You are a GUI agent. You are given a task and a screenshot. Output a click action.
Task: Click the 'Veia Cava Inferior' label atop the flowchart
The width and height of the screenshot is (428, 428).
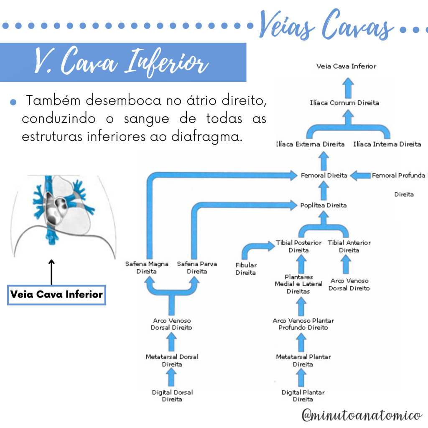click(x=346, y=66)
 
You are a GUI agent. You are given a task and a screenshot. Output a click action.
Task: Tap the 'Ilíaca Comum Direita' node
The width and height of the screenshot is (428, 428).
click(x=345, y=102)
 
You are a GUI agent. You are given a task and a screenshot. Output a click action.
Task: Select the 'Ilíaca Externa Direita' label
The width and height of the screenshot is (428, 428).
click(x=310, y=144)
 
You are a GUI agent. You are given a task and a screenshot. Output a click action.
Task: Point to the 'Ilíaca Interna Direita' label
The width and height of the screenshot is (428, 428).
click(x=387, y=144)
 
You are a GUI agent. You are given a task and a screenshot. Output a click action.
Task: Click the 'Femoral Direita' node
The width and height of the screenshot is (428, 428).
click(x=324, y=176)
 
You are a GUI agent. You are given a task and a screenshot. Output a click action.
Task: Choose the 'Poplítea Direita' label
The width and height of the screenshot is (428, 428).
click(x=324, y=205)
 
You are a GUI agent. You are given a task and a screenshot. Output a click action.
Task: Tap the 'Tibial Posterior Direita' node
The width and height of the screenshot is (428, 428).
click(x=298, y=246)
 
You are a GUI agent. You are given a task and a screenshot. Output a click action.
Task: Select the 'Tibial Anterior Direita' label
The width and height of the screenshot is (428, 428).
click(x=349, y=246)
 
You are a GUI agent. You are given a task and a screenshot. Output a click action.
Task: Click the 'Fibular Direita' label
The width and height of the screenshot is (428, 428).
click(x=246, y=269)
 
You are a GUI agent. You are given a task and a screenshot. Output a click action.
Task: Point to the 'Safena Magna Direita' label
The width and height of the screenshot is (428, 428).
click(x=147, y=267)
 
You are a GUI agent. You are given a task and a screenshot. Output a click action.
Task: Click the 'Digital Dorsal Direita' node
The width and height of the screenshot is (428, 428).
click(x=172, y=396)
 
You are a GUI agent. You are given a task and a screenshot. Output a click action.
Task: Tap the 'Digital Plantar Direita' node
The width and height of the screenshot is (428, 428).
click(x=303, y=396)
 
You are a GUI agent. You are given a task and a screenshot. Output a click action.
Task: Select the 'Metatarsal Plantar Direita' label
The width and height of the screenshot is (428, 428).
click(x=303, y=360)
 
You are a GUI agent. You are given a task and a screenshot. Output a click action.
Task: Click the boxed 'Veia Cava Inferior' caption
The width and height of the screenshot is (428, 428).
click(x=56, y=294)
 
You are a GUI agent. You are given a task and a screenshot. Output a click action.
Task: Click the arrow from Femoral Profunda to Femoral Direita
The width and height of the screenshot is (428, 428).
click(x=360, y=176)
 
